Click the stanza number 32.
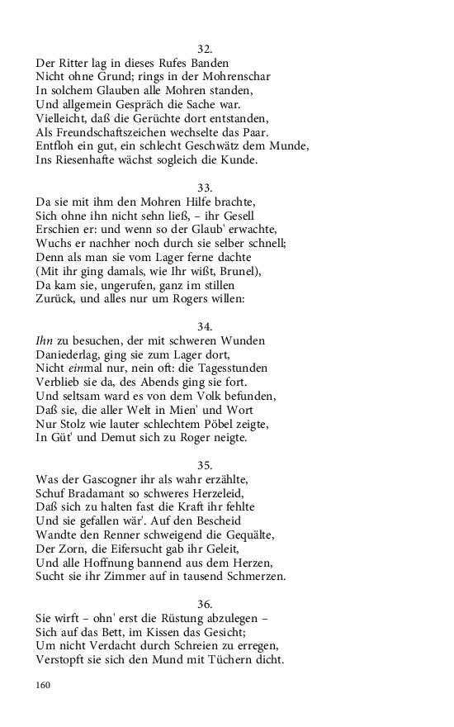click(x=206, y=49)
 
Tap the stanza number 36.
click(x=206, y=604)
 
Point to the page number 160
click(x=44, y=685)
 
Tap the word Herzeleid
click(x=233, y=493)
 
